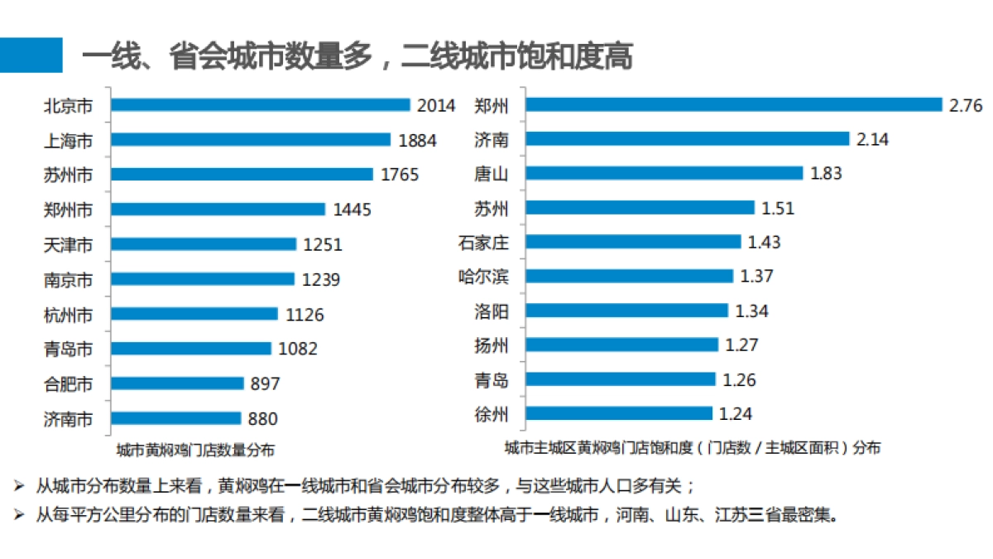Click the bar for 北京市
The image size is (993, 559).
[x=261, y=105]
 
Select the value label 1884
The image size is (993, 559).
[x=417, y=140]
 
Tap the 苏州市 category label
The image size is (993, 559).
[x=68, y=175]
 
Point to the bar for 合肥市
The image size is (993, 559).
[x=177, y=383]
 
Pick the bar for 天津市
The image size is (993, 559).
[x=204, y=244]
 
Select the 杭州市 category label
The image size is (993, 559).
[x=68, y=314]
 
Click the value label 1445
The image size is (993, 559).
[x=352, y=210]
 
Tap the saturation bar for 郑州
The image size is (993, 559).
[x=734, y=104]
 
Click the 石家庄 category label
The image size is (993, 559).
[x=483, y=243]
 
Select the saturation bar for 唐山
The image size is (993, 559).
[x=664, y=173]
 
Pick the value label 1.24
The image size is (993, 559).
[x=736, y=413]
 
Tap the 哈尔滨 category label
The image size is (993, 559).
[x=483, y=277]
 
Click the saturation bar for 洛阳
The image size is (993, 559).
[x=626, y=311]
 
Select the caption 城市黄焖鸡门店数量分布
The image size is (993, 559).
[x=195, y=450]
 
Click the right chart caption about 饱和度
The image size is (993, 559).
[x=693, y=448]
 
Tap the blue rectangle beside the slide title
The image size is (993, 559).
[x=31, y=55]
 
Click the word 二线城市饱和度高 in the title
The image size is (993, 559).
[x=517, y=56]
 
